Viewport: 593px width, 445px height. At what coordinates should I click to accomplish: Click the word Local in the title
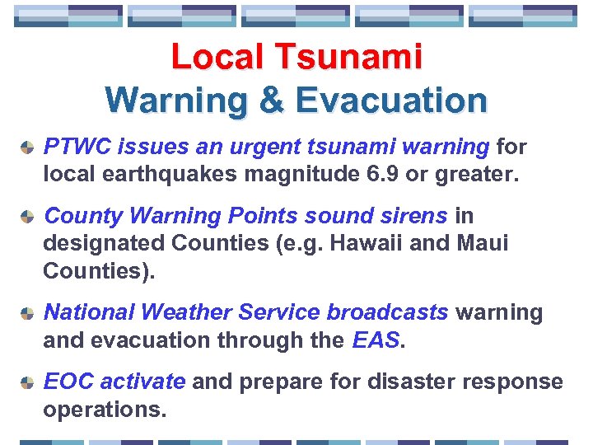(x=219, y=58)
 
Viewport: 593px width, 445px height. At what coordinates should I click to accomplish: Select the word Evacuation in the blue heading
(x=391, y=101)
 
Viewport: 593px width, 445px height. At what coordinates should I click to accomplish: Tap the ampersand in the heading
(x=273, y=101)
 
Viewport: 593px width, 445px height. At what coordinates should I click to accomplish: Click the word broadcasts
(x=387, y=312)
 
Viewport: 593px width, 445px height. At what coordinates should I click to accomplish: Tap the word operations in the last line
(x=105, y=410)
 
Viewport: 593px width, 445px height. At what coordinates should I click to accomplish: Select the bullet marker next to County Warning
(x=27, y=217)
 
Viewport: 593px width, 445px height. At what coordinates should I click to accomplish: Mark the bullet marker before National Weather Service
(x=27, y=313)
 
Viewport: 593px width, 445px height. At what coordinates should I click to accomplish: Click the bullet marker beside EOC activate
(x=27, y=382)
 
